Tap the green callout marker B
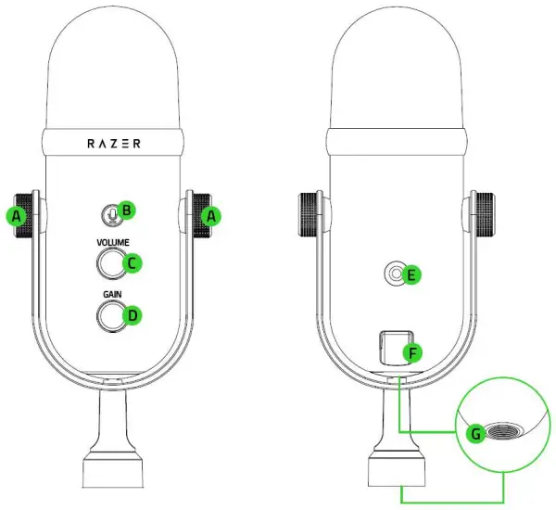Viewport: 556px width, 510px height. pyautogui.click(x=128, y=210)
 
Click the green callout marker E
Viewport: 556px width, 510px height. pyautogui.click(x=413, y=274)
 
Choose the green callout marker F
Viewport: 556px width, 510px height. pyautogui.click(x=413, y=352)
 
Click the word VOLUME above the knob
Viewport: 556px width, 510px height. pyautogui.click(x=112, y=243)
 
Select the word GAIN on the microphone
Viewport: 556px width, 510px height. pyautogui.click(x=112, y=296)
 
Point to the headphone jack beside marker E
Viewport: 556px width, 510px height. pyautogui.click(x=397, y=274)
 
